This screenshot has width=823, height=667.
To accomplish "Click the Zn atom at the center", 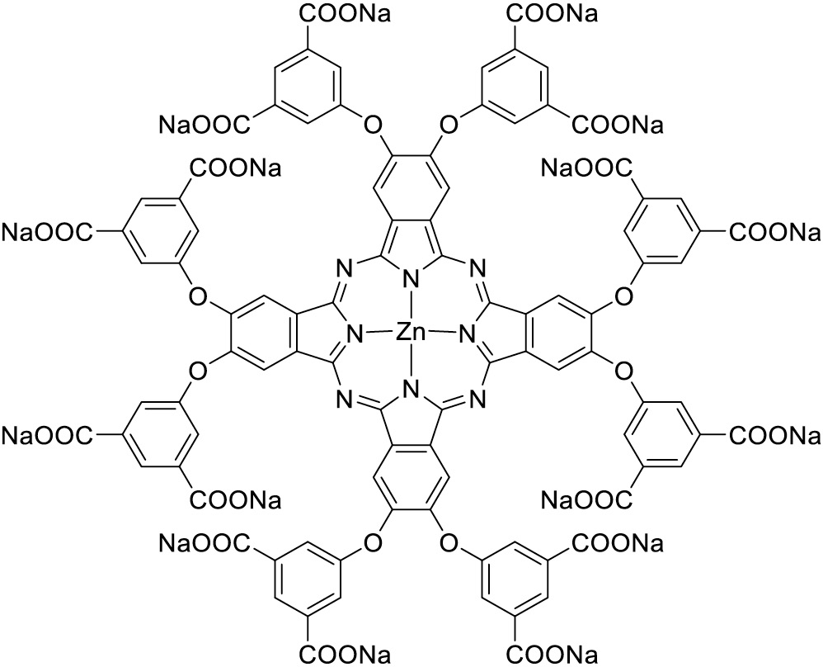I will [410, 333].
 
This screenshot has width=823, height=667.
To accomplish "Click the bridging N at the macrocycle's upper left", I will [344, 267].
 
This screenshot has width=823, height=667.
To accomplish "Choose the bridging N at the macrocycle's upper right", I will [477, 267].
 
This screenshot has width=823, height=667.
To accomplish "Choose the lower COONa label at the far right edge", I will [774, 435].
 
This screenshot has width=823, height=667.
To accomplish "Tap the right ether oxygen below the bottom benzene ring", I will [448, 542].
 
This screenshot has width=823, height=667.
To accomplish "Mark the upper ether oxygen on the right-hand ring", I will [624, 294].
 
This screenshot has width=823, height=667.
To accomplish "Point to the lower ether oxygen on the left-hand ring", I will [195, 372].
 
